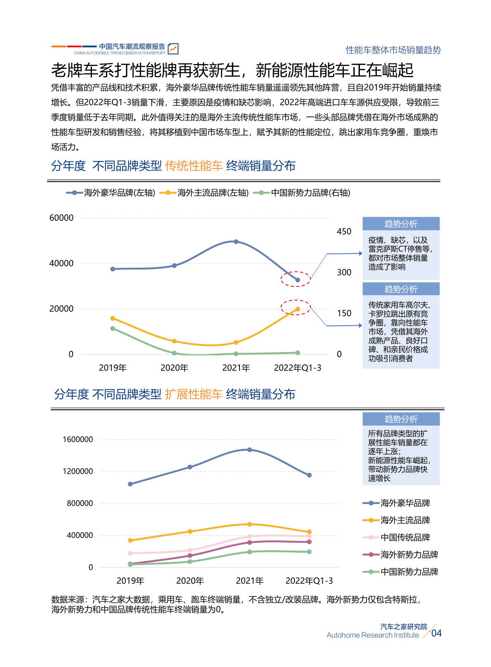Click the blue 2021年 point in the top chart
tap(236, 242)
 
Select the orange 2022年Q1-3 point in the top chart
tap(297, 309)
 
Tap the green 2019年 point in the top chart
tap(113, 329)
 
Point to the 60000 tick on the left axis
tap(61, 218)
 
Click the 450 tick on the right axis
tap(344, 232)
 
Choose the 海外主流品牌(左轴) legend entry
tap(204, 193)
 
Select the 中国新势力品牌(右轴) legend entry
tap(301, 193)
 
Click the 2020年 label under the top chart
tap(174, 368)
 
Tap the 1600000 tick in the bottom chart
tap(78, 439)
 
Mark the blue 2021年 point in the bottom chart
tap(249, 449)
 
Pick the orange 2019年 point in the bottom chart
tap(130, 540)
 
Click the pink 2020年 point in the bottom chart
tap(190, 550)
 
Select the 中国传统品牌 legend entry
tap(396, 537)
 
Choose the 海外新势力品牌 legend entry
tap(400, 554)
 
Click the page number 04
tap(436, 633)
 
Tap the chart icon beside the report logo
tap(173, 49)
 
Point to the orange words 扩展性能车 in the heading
tap(194, 394)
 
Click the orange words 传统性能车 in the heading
tap(194, 166)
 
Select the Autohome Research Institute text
tap(373, 635)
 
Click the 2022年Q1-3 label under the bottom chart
tap(309, 581)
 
